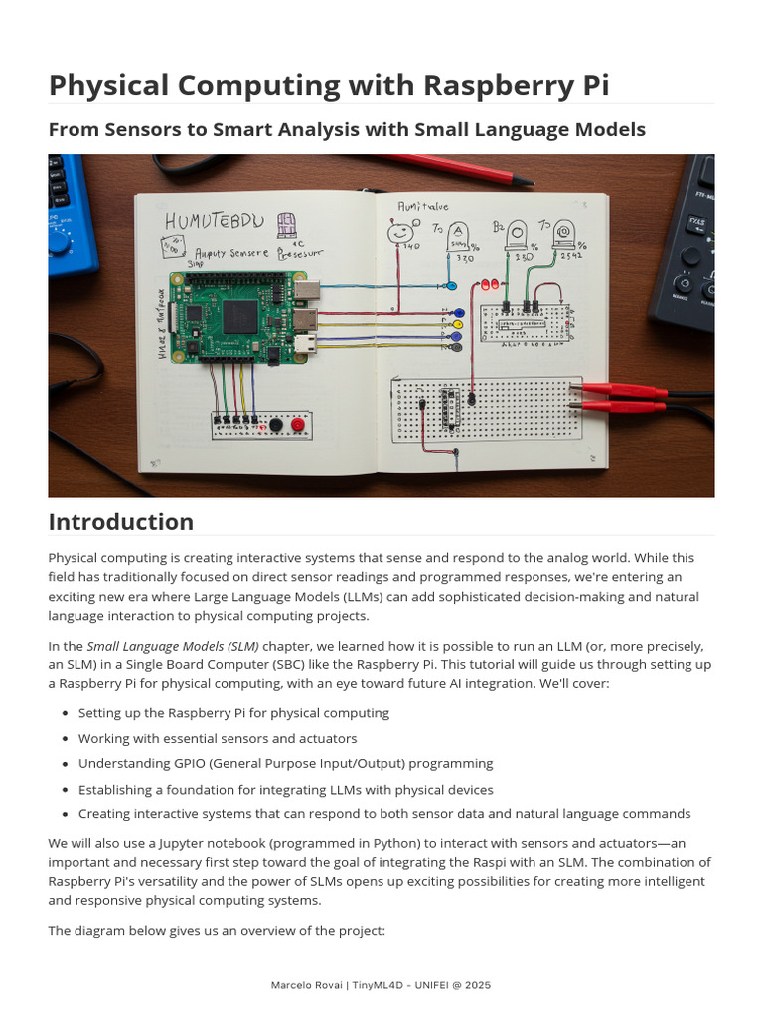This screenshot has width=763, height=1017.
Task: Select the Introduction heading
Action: pos(121,522)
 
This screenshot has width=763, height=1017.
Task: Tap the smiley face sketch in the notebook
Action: pos(400,231)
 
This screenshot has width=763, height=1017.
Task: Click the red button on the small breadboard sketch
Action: pos(297,425)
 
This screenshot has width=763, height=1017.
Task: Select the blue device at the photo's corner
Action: pos(70,214)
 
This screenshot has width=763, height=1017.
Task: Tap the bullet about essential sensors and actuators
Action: pos(218,738)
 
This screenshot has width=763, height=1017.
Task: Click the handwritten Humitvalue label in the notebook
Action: pos(423,206)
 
